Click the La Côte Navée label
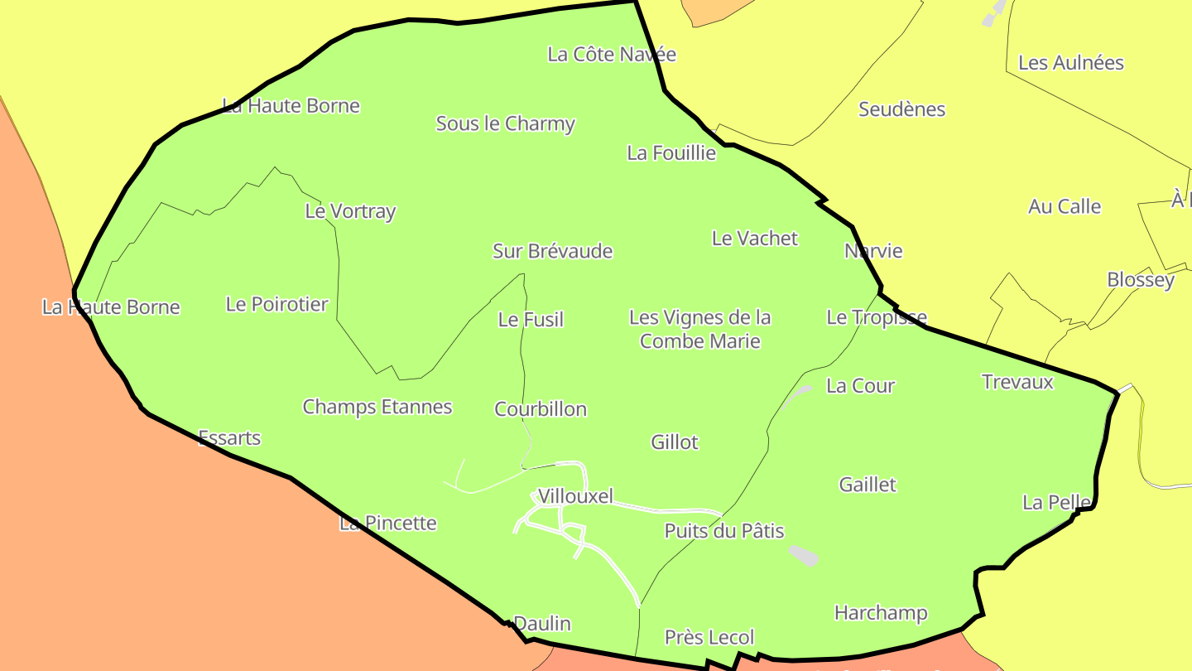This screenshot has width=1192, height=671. pyautogui.click(x=612, y=55)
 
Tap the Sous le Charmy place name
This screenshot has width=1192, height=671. pyautogui.click(x=505, y=124)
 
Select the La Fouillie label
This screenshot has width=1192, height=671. pyautogui.click(x=671, y=153)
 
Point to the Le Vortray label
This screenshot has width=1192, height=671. pyautogui.click(x=350, y=211)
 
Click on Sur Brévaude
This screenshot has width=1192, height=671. pyautogui.click(x=552, y=251)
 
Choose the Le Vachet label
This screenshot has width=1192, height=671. pyautogui.click(x=754, y=239)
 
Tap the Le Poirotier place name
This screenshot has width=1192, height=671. pyautogui.click(x=276, y=305)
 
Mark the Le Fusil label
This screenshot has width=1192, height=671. pyautogui.click(x=531, y=320)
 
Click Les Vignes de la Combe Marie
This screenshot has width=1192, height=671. pyautogui.click(x=700, y=329)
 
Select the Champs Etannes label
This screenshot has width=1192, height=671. pyautogui.click(x=377, y=407)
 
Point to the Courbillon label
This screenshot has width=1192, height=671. pyautogui.click(x=541, y=409)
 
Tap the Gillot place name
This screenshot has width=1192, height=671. pyautogui.click(x=675, y=442)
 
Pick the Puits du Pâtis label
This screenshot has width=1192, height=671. pyautogui.click(x=724, y=531)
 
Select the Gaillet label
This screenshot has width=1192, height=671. pyautogui.click(x=868, y=485)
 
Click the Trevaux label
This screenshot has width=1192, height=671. pyautogui.click(x=1017, y=382)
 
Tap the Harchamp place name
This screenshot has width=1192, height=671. pyautogui.click(x=881, y=613)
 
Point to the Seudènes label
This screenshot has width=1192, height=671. pyautogui.click(x=901, y=109)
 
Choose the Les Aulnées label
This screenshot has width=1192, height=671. pyautogui.click(x=1070, y=63)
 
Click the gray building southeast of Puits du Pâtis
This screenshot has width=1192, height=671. pyautogui.click(x=803, y=555)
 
